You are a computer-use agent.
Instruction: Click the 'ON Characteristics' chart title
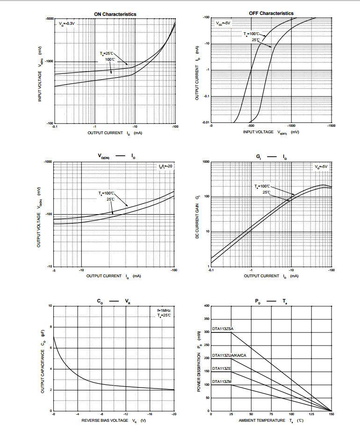click(115, 14)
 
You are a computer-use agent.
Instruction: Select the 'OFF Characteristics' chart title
click(271, 13)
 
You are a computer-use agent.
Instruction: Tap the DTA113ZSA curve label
click(223, 329)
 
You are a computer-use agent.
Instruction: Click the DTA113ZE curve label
click(222, 368)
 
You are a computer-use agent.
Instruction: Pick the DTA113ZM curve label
click(222, 382)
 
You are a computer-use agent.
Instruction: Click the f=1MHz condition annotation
click(164, 310)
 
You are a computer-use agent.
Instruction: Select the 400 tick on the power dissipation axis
click(207, 306)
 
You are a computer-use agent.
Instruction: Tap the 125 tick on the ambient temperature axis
click(311, 414)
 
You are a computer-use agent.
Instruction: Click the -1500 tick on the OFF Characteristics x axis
click(331, 126)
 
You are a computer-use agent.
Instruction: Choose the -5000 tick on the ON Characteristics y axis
click(49, 18)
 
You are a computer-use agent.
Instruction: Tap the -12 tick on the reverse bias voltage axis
click(125, 414)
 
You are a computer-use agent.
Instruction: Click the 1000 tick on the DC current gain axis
click(206, 162)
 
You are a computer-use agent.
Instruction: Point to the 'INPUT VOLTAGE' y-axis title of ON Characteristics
click(40, 80)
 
